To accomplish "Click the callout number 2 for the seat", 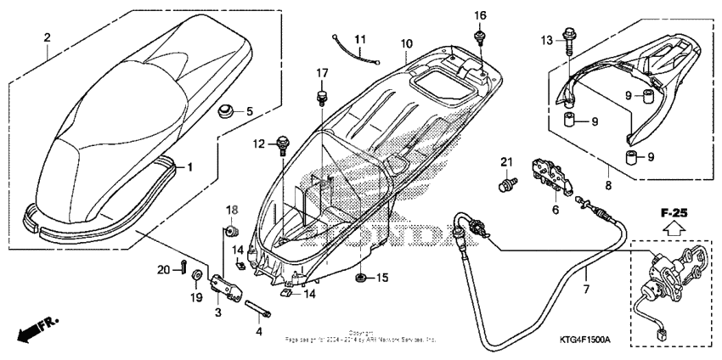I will click(47, 37).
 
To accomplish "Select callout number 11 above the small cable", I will click(359, 40).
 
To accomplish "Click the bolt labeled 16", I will click(480, 36).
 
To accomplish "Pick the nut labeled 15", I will click(360, 278).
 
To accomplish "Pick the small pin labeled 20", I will click(183, 268).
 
